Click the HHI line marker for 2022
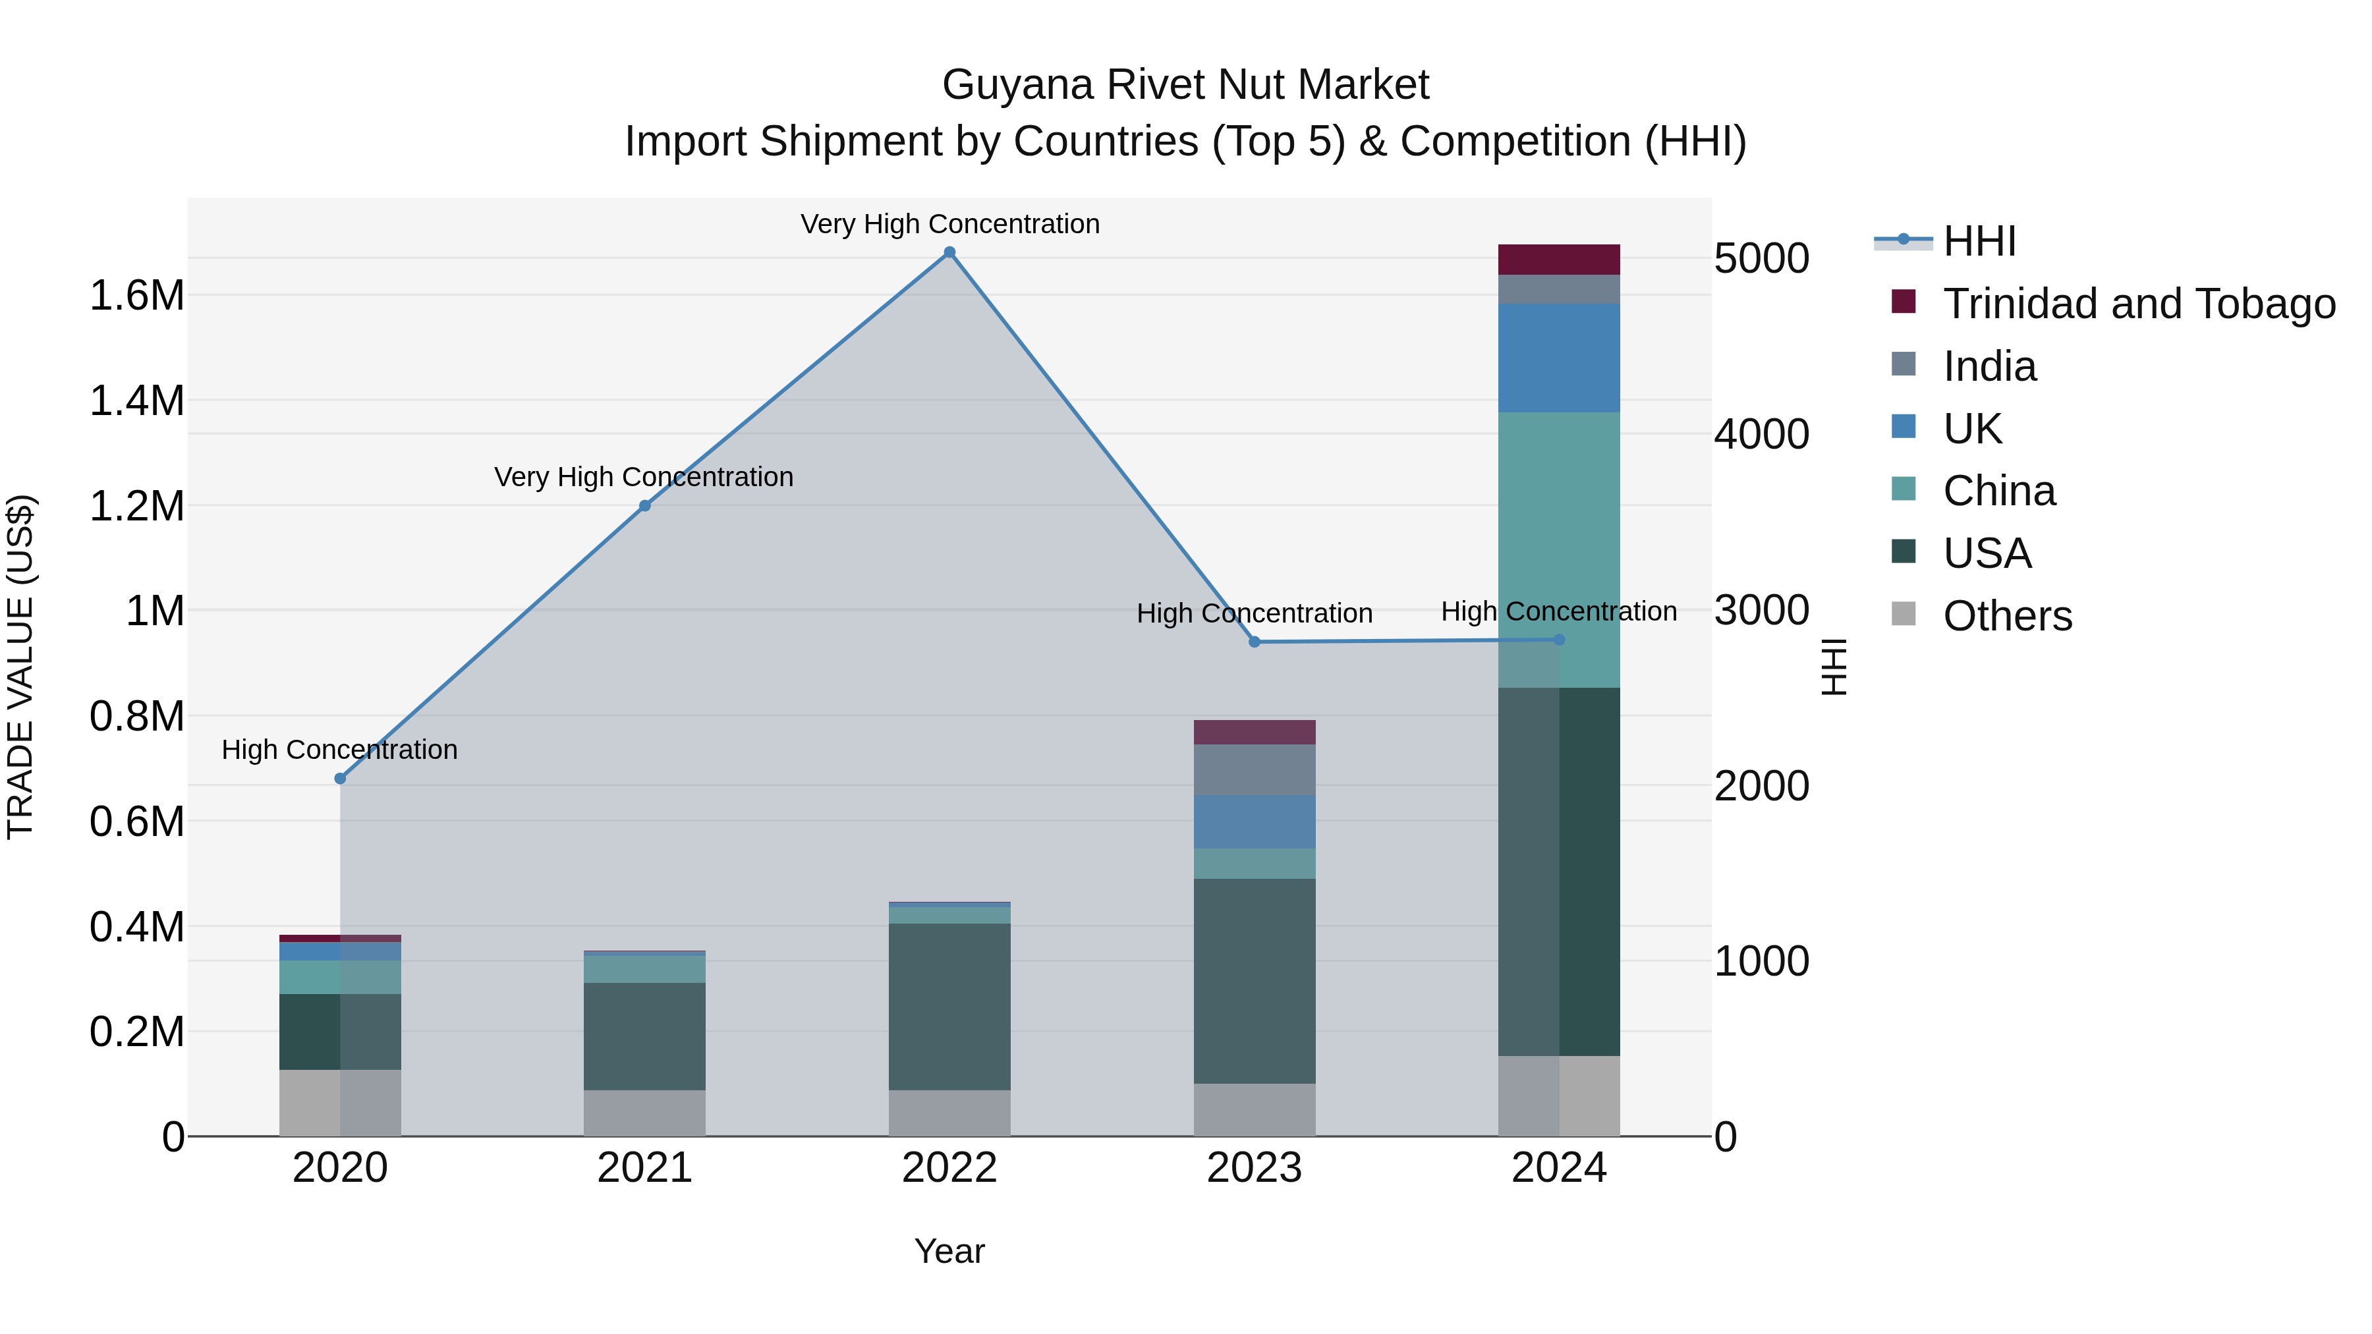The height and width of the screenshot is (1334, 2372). tap(949, 252)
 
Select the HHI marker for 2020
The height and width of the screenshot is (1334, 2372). tap(340, 779)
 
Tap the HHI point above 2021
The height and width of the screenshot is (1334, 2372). tap(644, 505)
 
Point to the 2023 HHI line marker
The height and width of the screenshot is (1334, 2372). tap(1254, 642)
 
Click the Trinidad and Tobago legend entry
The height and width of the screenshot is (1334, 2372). tap(2138, 304)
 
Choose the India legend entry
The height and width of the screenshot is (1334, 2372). tap(1989, 366)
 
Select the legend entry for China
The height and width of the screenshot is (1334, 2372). tap(1998, 491)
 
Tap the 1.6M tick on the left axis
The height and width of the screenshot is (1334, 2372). tap(136, 296)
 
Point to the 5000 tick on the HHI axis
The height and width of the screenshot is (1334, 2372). tap(1761, 259)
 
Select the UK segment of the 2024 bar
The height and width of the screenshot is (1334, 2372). tap(1559, 358)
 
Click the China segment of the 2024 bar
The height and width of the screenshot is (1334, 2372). tap(1559, 549)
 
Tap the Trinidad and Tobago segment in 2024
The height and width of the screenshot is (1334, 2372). tap(1559, 260)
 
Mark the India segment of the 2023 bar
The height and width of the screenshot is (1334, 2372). tap(1254, 769)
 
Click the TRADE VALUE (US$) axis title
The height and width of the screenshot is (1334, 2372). tap(20, 667)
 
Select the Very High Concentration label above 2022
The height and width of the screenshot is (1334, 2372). tap(949, 225)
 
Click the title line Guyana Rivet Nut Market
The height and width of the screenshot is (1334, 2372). tap(1185, 85)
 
